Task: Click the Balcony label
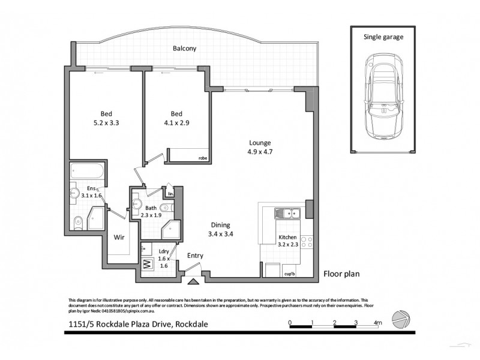pos(185,49)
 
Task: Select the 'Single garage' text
pos(383,37)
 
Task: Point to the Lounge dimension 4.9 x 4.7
pos(260,151)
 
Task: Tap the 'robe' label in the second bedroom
pos(202,158)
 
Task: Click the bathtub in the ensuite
pos(87,170)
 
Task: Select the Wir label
pos(119,237)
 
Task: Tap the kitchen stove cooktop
pos(307,242)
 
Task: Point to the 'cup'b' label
pos(290,275)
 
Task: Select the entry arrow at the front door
pos(194,280)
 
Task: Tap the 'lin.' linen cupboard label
pos(170,194)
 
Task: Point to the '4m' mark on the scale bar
pos(378,323)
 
